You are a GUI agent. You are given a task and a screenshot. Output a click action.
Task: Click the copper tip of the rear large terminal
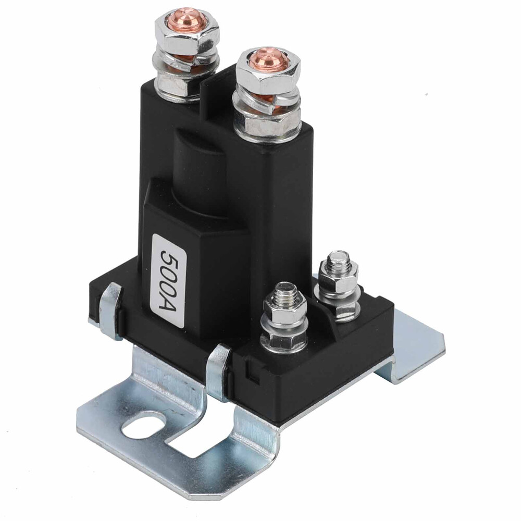point(187,20)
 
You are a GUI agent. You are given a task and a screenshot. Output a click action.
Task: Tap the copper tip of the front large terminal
point(269,60)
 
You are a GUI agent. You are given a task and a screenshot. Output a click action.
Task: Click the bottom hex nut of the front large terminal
point(266,126)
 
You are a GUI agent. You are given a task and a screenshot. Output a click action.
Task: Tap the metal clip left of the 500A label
point(111,309)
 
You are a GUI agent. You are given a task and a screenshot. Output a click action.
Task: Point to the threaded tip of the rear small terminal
point(339,258)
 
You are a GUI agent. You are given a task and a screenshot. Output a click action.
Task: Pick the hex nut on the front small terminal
point(284,313)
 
